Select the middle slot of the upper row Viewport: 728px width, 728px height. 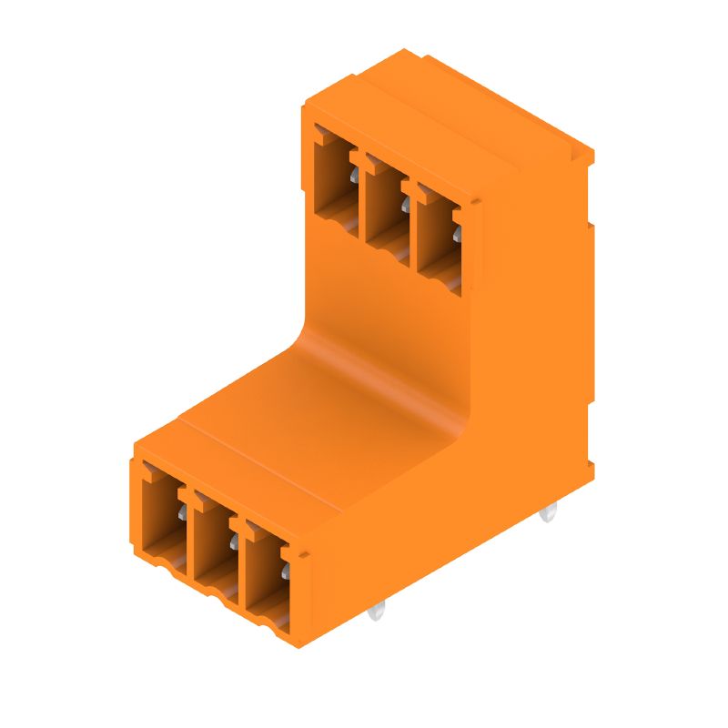(x=385, y=205)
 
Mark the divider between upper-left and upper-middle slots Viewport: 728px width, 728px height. (x=359, y=196)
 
